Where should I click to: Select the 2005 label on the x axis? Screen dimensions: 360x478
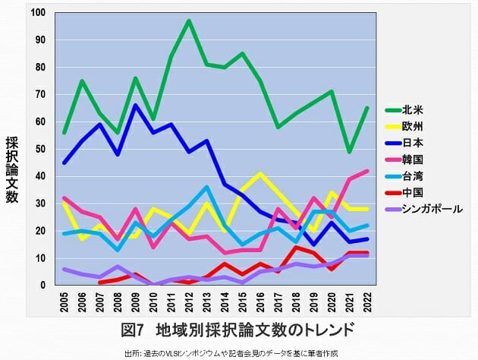tap(65, 303)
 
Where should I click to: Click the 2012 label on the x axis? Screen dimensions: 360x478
tap(188, 303)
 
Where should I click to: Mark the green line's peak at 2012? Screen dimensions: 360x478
tap(188, 21)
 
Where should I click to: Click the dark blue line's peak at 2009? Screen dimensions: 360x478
tap(136, 105)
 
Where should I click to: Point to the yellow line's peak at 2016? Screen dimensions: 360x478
tap(259, 174)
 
